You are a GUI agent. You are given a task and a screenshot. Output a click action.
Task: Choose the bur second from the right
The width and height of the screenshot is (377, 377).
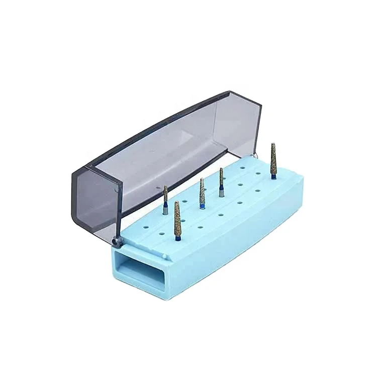click(221, 181)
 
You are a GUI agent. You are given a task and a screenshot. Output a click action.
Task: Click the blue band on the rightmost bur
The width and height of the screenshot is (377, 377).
click(273, 175)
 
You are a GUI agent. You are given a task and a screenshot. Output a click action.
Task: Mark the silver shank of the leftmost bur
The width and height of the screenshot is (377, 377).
click(165, 210)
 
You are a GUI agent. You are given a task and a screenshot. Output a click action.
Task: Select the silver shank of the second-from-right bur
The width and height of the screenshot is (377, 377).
click(220, 193)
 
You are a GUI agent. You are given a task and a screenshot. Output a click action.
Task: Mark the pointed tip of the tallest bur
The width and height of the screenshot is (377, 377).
click(273, 145)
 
